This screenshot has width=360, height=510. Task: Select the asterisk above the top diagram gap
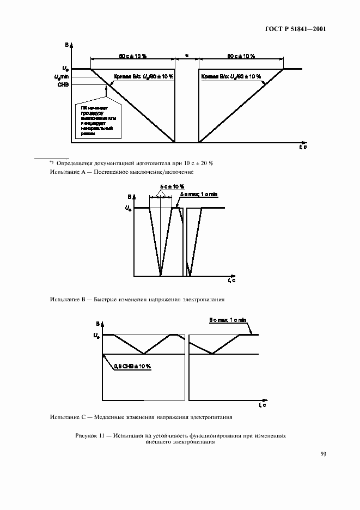coord(186,56)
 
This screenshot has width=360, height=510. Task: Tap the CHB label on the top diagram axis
coord(64,84)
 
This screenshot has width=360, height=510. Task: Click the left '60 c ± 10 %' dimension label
coord(132,56)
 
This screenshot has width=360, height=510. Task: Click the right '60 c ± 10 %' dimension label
coord(241,56)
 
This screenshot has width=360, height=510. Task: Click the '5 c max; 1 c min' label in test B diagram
coord(199,194)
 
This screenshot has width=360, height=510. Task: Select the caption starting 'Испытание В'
coord(137,299)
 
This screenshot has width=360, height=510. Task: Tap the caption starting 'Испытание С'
coord(141,417)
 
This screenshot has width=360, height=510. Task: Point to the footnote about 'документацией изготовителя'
coord(131,162)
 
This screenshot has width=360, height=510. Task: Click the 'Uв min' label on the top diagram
coord(62,77)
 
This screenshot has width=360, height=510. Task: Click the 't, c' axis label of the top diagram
coord(303,147)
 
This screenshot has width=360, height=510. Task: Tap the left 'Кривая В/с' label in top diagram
coord(144,77)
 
